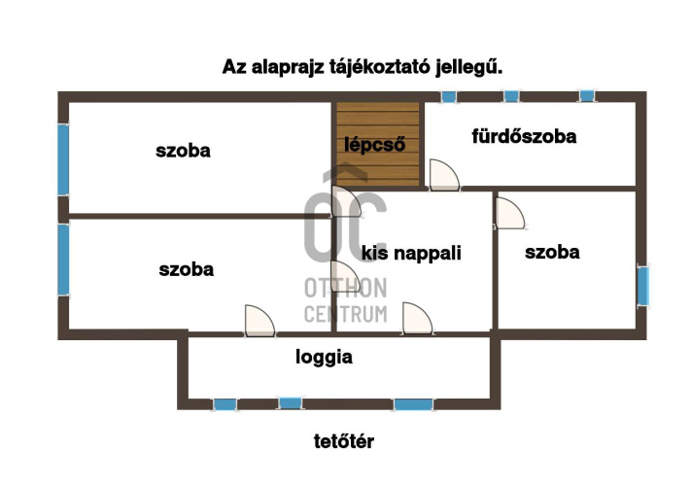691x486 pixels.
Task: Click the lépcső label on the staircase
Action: (x=375, y=145)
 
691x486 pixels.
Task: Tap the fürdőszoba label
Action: (x=524, y=136)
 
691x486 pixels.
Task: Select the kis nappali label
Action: (x=411, y=253)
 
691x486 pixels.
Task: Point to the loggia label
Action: (x=324, y=357)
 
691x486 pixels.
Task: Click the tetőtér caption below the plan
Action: (x=344, y=441)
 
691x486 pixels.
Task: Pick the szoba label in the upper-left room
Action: (x=183, y=151)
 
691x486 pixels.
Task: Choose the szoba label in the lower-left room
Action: (x=186, y=269)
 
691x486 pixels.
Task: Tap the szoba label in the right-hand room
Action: (x=552, y=253)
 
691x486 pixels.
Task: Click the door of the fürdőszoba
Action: (x=444, y=175)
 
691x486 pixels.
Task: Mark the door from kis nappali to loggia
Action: (x=416, y=318)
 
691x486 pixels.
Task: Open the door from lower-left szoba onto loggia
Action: (x=259, y=320)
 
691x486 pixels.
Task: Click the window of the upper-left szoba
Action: (x=63, y=157)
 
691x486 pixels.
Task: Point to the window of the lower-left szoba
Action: (x=63, y=259)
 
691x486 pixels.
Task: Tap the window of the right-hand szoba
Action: (x=642, y=286)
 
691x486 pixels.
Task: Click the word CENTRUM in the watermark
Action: (x=346, y=313)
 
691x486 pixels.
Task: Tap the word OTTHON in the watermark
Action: (x=346, y=288)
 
